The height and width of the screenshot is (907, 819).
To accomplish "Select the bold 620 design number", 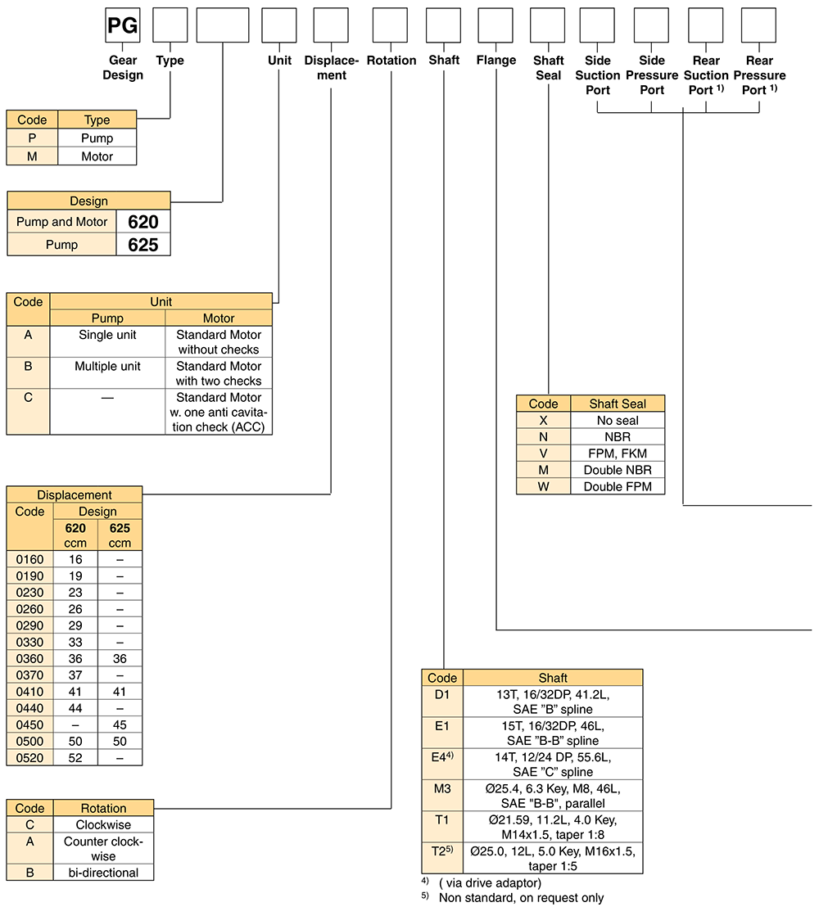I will tap(143, 222).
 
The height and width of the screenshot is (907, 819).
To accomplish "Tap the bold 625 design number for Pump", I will tap(143, 245).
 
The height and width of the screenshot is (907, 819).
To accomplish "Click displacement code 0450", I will tap(30, 724).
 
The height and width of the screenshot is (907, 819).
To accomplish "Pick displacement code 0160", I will tap(30, 559).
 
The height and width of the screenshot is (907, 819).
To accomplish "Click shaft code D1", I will tap(442, 695).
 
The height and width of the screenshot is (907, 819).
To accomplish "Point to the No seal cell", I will tap(618, 421).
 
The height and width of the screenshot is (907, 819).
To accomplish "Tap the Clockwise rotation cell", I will tap(103, 825).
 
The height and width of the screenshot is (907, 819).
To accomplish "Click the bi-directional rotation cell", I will tap(103, 873).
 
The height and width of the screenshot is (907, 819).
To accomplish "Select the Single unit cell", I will tap(107, 335).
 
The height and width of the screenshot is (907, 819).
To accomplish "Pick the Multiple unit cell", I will tap(107, 366).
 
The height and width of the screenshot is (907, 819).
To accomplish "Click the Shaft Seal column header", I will tap(618, 404).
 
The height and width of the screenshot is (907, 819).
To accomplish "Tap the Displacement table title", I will tap(75, 494).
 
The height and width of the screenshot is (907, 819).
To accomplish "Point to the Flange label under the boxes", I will tap(496, 60).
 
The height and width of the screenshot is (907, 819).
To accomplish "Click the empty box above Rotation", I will tap(390, 25).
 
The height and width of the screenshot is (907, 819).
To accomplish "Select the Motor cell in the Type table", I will tap(97, 156).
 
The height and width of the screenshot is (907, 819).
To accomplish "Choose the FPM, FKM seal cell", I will tap(618, 453).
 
